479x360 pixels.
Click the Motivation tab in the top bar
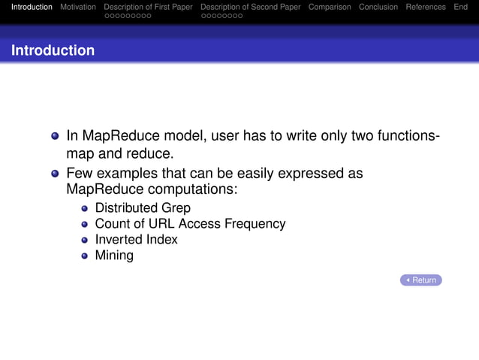click(x=78, y=7)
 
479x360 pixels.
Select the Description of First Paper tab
click(x=148, y=7)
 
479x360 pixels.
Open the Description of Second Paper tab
click(x=250, y=7)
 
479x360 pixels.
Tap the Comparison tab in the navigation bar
click(x=330, y=7)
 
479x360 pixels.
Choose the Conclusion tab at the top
click(x=378, y=7)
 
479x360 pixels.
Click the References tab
click(x=426, y=7)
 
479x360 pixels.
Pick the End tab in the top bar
click(x=460, y=7)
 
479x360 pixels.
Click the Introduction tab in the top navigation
click(x=32, y=7)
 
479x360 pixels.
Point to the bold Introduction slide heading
click(x=53, y=50)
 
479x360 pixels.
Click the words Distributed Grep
click(x=142, y=207)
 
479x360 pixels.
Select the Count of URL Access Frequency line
click(x=189, y=223)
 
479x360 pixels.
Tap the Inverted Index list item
click(x=136, y=239)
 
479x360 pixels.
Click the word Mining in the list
click(x=114, y=256)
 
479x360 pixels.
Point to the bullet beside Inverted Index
click(x=85, y=241)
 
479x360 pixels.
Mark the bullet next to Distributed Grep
click(x=85, y=208)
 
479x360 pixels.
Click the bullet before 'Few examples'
click(x=55, y=174)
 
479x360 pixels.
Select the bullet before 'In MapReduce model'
click(x=55, y=138)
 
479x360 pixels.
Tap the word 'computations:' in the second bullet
click(x=194, y=190)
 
